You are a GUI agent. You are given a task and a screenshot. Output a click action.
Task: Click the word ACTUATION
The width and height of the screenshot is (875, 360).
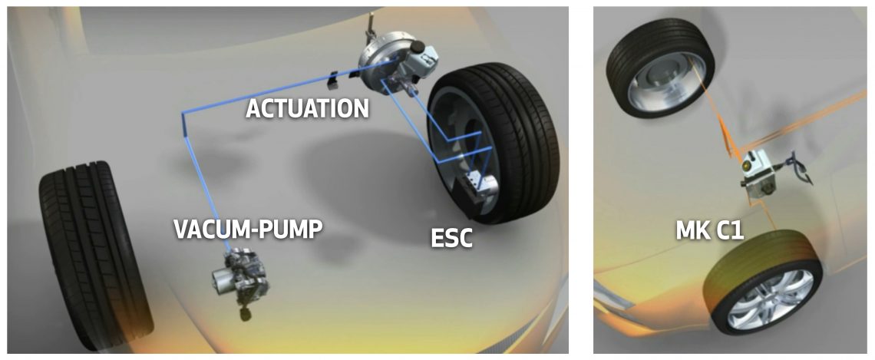(x=307, y=108)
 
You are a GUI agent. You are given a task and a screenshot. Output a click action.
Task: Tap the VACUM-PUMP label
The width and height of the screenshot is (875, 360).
(x=248, y=229)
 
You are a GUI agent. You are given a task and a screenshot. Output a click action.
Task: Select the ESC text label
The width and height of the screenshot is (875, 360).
(x=451, y=238)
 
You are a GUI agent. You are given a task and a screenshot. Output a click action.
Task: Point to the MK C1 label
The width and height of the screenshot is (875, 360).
(x=710, y=230)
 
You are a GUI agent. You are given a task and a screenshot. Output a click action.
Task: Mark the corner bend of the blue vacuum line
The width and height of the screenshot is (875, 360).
(x=183, y=114)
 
